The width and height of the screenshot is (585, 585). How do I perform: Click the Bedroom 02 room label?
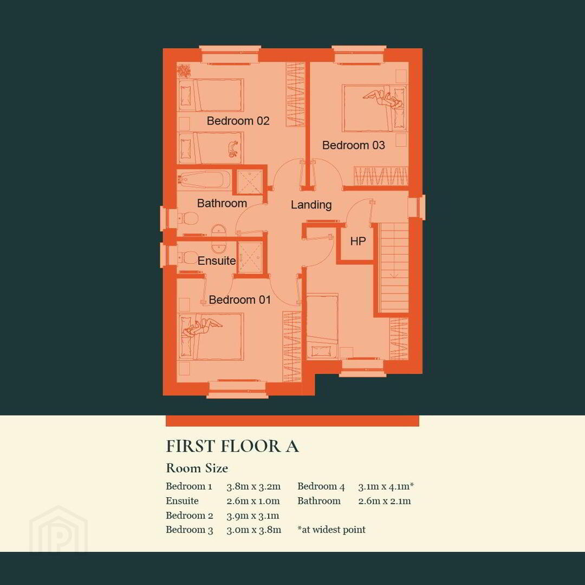[238, 121]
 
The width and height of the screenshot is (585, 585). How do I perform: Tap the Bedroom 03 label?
[353, 145]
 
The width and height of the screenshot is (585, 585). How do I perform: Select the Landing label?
[311, 205]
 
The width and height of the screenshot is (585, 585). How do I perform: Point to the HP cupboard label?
[358, 242]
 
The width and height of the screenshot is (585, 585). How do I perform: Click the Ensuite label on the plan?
[216, 261]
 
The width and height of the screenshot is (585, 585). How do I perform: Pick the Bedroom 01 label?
[239, 300]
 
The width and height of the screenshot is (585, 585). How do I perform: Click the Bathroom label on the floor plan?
[222, 203]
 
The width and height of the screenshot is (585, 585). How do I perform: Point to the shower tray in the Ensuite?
[250, 257]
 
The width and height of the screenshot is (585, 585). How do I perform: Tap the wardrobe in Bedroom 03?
[381, 175]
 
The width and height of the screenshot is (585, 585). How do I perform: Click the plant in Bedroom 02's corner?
[184, 70]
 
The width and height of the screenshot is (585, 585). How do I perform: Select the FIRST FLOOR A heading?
[232, 446]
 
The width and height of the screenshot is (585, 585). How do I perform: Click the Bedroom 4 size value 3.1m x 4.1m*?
[386, 486]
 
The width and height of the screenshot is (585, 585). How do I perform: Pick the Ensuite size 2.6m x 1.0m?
[253, 501]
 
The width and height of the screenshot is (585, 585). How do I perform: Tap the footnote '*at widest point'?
[331, 530]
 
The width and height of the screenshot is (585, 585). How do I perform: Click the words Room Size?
[197, 468]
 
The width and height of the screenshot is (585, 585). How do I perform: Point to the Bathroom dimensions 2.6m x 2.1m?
[384, 501]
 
